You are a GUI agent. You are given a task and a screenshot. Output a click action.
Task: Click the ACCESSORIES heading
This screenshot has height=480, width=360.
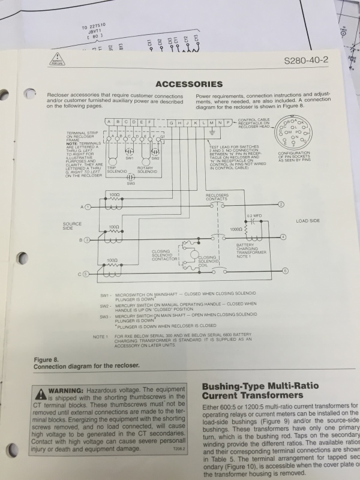coord(189,84)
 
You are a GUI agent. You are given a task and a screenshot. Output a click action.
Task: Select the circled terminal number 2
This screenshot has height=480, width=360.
coord(281,205)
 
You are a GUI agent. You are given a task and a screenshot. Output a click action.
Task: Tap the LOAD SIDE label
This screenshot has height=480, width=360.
coord(308,221)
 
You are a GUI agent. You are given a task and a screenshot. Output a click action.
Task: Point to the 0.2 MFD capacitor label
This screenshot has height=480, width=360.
coord(254,215)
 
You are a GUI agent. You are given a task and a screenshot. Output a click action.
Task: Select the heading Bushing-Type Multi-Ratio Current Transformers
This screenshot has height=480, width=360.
coord(260,391)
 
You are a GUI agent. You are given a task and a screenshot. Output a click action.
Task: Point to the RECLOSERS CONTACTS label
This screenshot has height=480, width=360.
coord(217,197)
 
